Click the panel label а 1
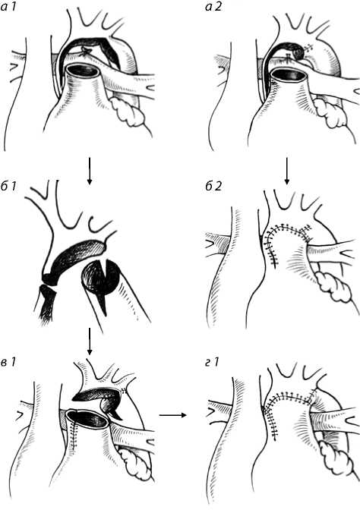[x=8, y=7]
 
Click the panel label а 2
[x=213, y=7]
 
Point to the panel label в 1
[x=8, y=362]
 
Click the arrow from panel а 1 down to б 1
[x=90, y=171]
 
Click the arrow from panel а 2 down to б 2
[x=287, y=171]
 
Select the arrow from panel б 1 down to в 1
[x=90, y=341]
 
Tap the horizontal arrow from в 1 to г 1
[x=172, y=415]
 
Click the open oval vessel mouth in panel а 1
[x=84, y=72]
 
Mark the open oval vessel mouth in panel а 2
[x=289, y=74]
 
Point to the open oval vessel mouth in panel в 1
[x=87, y=419]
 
